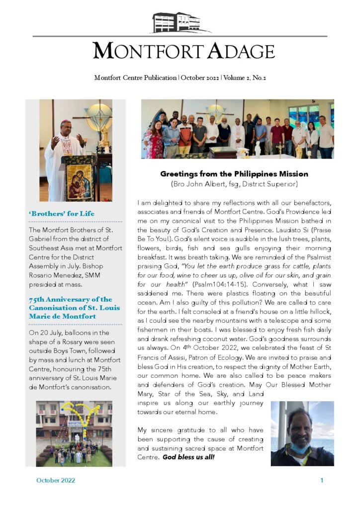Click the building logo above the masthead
[180, 23]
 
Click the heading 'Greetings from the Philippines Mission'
[234, 174]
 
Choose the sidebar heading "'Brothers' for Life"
[62, 214]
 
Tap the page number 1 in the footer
[322, 480]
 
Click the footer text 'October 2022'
[56, 480]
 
